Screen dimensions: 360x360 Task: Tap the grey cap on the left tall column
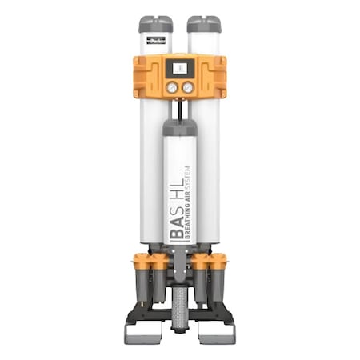(x=155, y=23)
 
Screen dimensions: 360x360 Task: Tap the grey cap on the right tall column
(x=204, y=23)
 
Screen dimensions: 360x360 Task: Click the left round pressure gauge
(x=171, y=87)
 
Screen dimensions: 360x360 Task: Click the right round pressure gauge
(x=188, y=87)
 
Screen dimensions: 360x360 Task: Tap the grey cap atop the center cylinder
(x=180, y=126)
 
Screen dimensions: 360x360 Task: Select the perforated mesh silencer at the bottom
(x=180, y=305)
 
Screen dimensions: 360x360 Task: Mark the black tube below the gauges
(x=180, y=108)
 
